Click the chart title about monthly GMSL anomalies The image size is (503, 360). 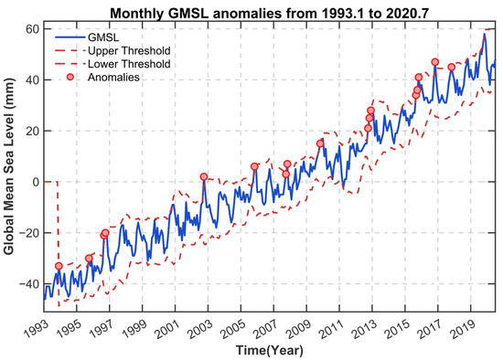pos(270,13)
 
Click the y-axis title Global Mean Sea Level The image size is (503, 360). pos(9,166)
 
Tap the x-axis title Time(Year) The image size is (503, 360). pos(270,350)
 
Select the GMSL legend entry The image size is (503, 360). pos(87,37)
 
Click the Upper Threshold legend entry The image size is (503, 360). pos(112,50)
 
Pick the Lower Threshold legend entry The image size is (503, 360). pos(112,64)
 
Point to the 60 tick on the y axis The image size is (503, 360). pos(32,29)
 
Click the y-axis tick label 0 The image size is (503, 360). pos(36,182)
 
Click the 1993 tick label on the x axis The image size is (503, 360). pos(36,328)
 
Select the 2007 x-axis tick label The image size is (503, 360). pos(265,328)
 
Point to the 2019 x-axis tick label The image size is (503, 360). pos(462,328)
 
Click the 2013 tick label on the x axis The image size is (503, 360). pos(364,328)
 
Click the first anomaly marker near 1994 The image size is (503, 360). pos(59,266)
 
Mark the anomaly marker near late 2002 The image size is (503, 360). pos(203,176)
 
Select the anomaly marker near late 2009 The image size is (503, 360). pos(320,143)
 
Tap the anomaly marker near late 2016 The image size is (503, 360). pos(435,62)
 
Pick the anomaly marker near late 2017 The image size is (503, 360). pos(452,67)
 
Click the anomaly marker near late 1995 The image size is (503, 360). pos(89,259)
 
